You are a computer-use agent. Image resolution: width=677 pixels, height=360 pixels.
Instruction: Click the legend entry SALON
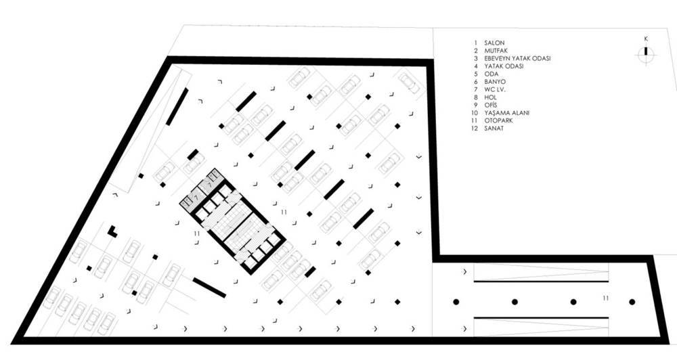(x=494, y=43)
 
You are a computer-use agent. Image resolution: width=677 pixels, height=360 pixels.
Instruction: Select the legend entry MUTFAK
(x=496, y=51)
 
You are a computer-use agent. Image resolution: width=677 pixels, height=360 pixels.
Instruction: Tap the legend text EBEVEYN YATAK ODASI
(x=517, y=58)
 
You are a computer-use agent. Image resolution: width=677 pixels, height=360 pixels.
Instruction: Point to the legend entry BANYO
(x=495, y=82)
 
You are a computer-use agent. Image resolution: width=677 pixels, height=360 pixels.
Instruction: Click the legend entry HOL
(x=490, y=97)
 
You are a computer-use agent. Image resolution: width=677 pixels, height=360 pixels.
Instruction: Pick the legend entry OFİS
(x=490, y=105)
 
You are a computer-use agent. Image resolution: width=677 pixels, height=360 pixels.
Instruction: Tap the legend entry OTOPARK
(x=498, y=120)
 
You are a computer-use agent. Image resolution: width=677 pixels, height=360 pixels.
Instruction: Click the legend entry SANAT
(x=494, y=128)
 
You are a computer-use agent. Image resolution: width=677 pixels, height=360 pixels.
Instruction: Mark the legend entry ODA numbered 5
(x=492, y=74)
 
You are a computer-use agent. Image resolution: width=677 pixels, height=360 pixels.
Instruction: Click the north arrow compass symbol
(x=646, y=54)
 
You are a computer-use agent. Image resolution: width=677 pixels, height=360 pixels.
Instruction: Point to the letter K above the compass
(x=646, y=39)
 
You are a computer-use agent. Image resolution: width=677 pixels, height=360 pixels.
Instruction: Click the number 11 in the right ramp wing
(x=606, y=298)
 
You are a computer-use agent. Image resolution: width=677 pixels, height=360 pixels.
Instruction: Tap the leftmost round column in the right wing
(x=456, y=302)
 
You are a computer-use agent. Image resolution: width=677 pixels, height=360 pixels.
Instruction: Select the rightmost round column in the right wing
(x=632, y=302)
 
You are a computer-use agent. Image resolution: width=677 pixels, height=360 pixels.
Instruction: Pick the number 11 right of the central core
(x=283, y=212)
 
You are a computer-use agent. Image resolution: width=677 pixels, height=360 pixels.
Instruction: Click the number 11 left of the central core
(x=197, y=233)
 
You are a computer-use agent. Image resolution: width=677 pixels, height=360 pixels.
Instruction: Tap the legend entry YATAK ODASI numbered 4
(x=504, y=66)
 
